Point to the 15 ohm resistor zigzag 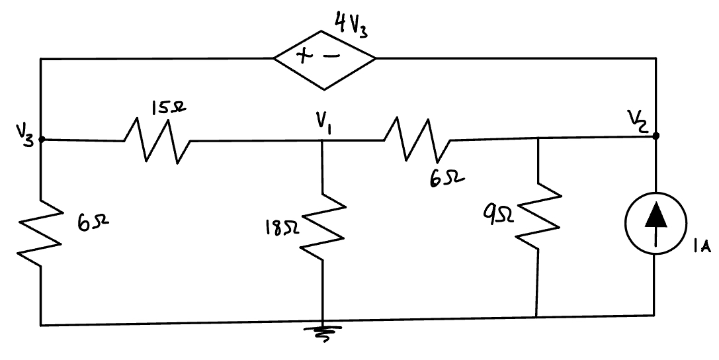157,140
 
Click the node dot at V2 656,136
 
